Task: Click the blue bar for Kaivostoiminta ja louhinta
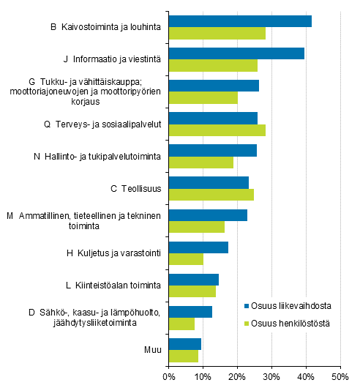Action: (x=240, y=21)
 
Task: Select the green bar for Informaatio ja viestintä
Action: (x=213, y=66)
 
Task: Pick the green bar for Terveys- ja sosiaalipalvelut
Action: (x=217, y=130)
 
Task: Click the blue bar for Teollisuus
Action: (x=209, y=182)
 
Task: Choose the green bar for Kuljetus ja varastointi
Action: (x=186, y=259)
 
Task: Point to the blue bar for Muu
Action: (x=185, y=343)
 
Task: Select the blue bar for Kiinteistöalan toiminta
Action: (x=194, y=279)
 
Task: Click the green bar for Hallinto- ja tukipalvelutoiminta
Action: (x=201, y=163)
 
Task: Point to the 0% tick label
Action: (x=169, y=377)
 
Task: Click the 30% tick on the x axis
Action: (x=271, y=377)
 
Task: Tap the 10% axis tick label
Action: (x=203, y=377)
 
